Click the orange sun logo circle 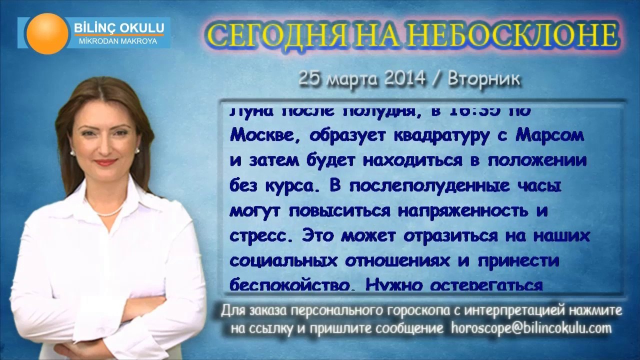click(48, 33)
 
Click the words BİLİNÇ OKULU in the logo click(118, 26)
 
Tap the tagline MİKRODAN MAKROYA click(118, 41)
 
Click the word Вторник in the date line click(484, 79)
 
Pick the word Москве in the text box click(265, 136)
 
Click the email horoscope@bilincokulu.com click(531, 328)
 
